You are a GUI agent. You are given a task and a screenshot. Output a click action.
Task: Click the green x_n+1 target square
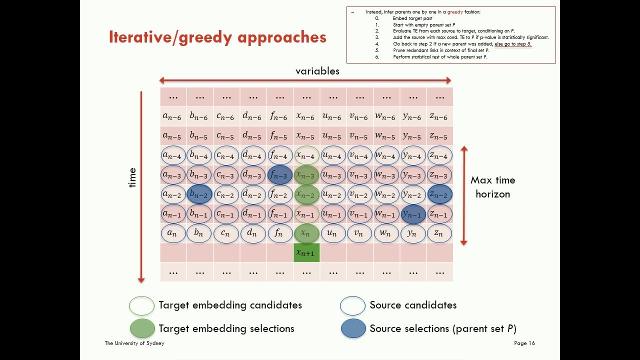(x=306, y=253)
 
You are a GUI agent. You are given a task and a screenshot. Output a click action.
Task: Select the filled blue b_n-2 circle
(x=199, y=194)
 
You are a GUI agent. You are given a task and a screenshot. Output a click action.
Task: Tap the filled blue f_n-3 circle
(x=280, y=175)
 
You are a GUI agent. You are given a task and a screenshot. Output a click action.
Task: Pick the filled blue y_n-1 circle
(x=413, y=214)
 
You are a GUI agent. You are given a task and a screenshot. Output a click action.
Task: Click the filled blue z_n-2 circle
(x=439, y=194)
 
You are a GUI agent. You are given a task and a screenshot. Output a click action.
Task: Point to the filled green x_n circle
(x=306, y=233)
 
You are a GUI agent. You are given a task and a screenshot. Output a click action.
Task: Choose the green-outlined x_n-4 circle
(x=306, y=155)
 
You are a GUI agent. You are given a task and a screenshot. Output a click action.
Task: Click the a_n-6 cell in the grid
(x=173, y=116)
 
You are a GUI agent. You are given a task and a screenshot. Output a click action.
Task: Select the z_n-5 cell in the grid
(x=439, y=136)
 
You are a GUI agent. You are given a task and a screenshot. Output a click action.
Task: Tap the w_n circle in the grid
(x=386, y=233)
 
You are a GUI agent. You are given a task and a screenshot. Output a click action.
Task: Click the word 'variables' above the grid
(x=317, y=71)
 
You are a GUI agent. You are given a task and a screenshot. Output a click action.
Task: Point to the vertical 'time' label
(x=132, y=177)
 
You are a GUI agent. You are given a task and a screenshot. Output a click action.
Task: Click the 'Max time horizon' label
(x=492, y=187)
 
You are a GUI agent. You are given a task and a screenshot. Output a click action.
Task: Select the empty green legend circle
(x=142, y=305)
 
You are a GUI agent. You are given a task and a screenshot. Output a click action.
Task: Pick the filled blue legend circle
(x=353, y=328)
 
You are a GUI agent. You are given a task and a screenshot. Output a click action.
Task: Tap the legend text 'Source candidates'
(x=413, y=305)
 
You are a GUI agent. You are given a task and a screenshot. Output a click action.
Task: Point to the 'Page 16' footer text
(x=524, y=343)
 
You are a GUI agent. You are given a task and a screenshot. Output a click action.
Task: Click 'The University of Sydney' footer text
(x=134, y=343)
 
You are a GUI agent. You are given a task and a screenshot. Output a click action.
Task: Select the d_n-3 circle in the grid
(x=253, y=175)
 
